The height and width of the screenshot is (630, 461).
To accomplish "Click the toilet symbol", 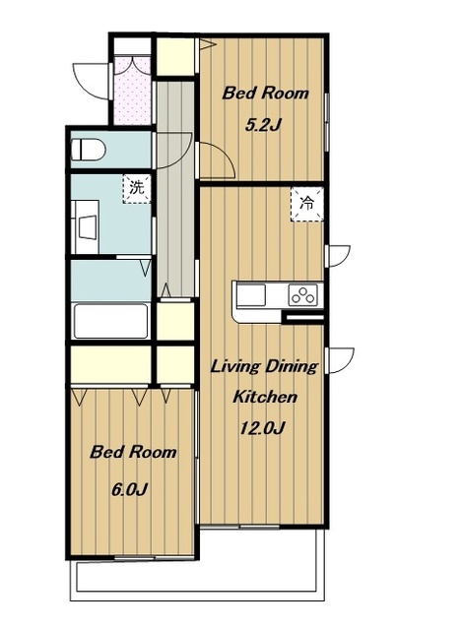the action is [88, 150].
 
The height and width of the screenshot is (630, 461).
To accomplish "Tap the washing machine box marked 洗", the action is [137, 188].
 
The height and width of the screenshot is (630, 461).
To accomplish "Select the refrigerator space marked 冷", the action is [307, 204].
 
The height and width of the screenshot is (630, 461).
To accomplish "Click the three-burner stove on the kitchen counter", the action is [303, 294].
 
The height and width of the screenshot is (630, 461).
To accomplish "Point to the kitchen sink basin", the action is [251, 295].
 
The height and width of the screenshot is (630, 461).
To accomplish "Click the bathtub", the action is [110, 321].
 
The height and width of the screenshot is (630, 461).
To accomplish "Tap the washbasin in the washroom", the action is [88, 227].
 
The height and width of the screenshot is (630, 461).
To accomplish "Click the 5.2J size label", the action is [262, 126].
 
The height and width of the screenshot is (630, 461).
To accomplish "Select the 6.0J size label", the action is [129, 489].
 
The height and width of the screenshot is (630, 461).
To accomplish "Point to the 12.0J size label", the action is [262, 428].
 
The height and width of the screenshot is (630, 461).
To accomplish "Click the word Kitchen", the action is [265, 397].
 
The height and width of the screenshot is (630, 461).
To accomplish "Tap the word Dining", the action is [293, 367].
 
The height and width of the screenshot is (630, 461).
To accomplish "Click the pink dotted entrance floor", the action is [132, 91].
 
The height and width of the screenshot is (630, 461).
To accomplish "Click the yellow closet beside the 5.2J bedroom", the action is [175, 56].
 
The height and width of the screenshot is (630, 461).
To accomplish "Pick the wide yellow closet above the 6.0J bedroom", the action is [111, 365].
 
